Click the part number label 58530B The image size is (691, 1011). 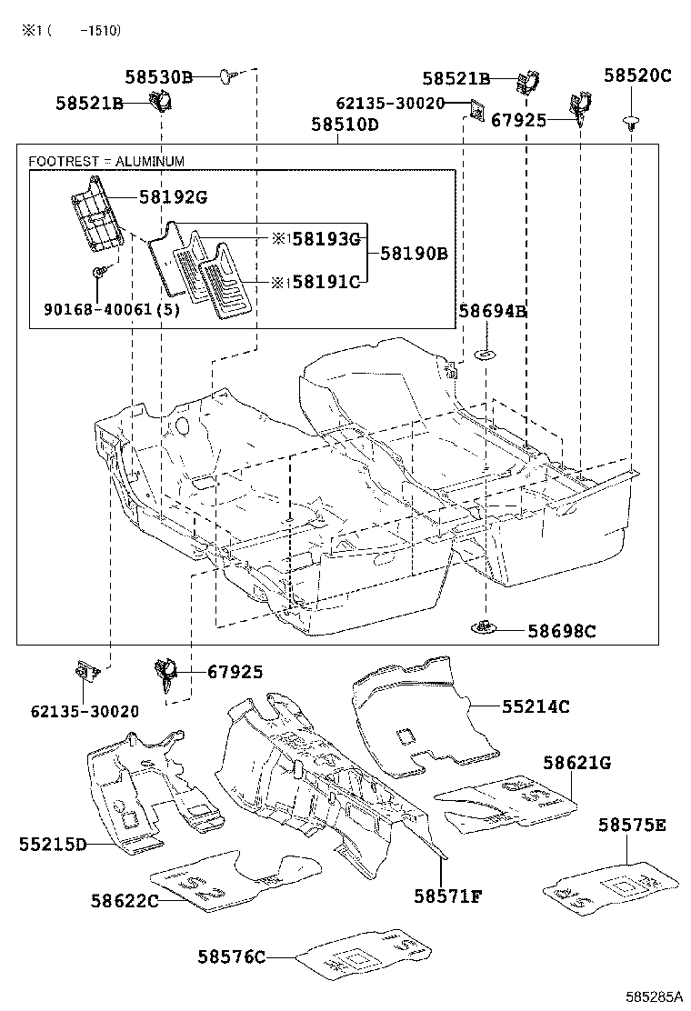click(159, 77)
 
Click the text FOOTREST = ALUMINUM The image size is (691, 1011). click(106, 162)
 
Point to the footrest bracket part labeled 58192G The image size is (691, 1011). click(96, 215)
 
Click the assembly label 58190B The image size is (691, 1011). click(414, 254)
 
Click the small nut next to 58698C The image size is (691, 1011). click(484, 626)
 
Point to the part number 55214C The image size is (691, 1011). click(536, 706)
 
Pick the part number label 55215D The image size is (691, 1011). click(52, 845)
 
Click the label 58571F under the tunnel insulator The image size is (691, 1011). click(447, 896)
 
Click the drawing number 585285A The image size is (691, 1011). click(652, 996)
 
